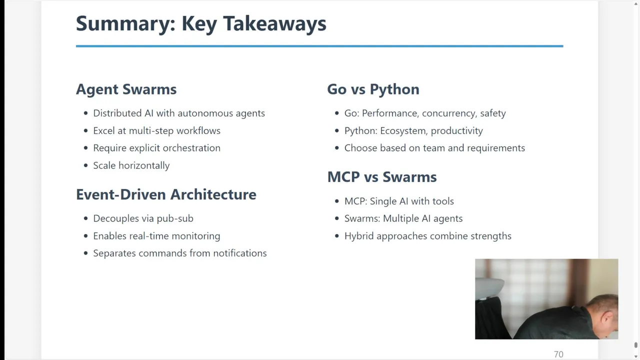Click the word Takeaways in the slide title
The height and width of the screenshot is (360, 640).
click(274, 23)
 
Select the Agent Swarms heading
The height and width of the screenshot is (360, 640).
click(126, 89)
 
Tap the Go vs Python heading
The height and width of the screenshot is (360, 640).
click(373, 89)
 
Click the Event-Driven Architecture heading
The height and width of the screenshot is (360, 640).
click(166, 194)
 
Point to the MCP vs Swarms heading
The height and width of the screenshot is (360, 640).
click(382, 177)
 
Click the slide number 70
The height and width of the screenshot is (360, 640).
click(558, 354)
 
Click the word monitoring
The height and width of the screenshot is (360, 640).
click(195, 236)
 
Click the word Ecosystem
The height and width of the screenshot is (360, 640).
click(403, 131)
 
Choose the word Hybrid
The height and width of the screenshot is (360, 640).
click(359, 236)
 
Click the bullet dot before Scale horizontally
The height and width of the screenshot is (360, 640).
click(85, 165)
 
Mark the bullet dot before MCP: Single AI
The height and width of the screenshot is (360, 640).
click(337, 201)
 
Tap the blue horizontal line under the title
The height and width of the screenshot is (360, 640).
click(319, 46)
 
